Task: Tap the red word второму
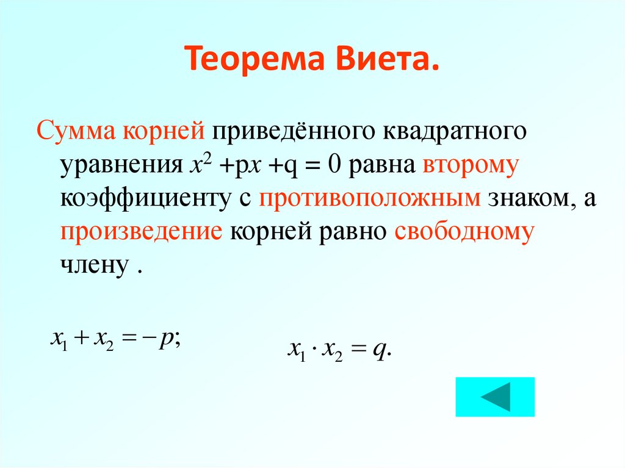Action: (x=469, y=167)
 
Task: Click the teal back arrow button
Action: (x=494, y=397)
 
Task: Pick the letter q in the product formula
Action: (x=379, y=351)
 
